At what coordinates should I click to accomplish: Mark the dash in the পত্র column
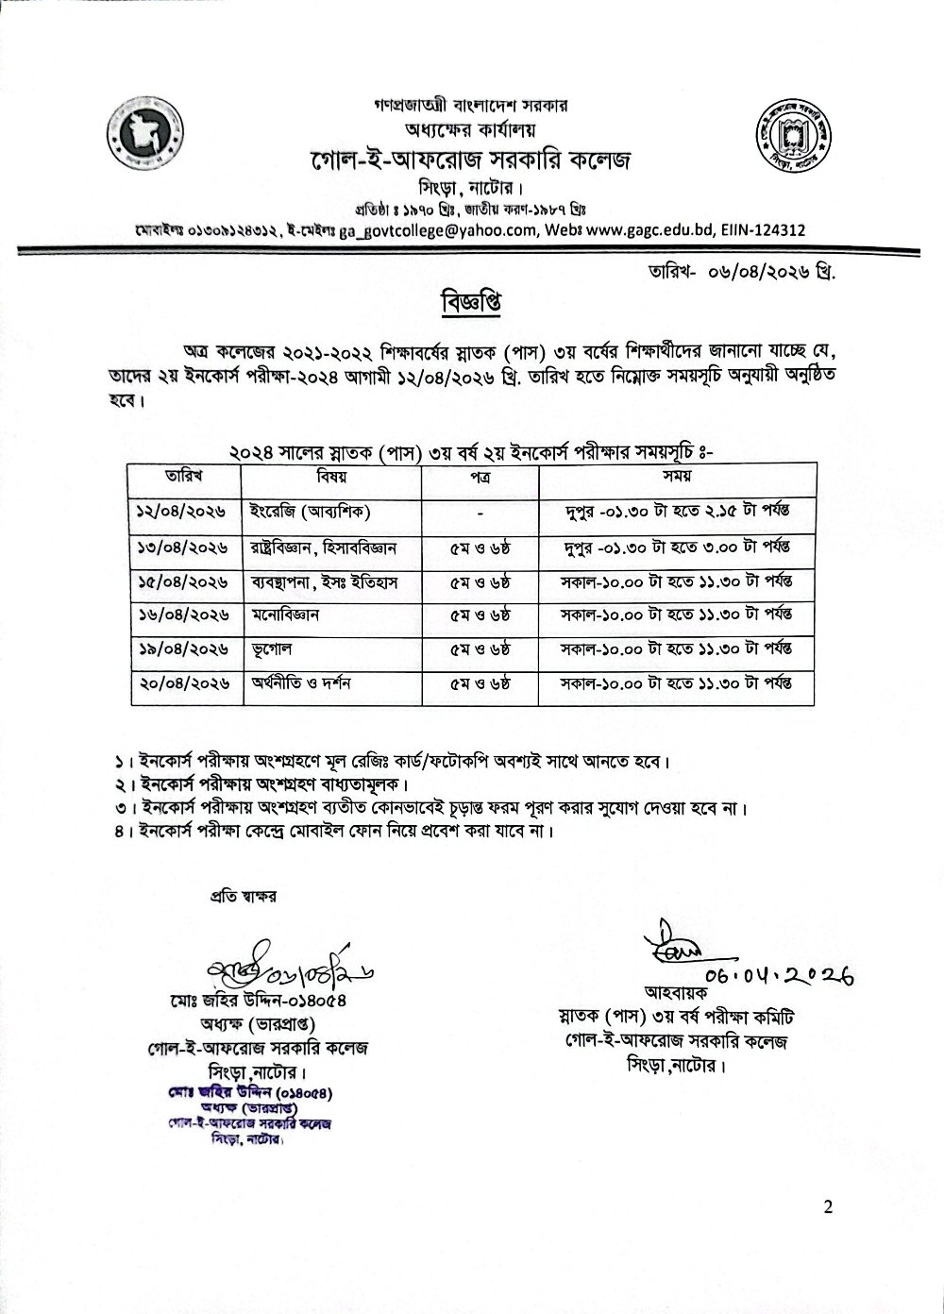480,512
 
